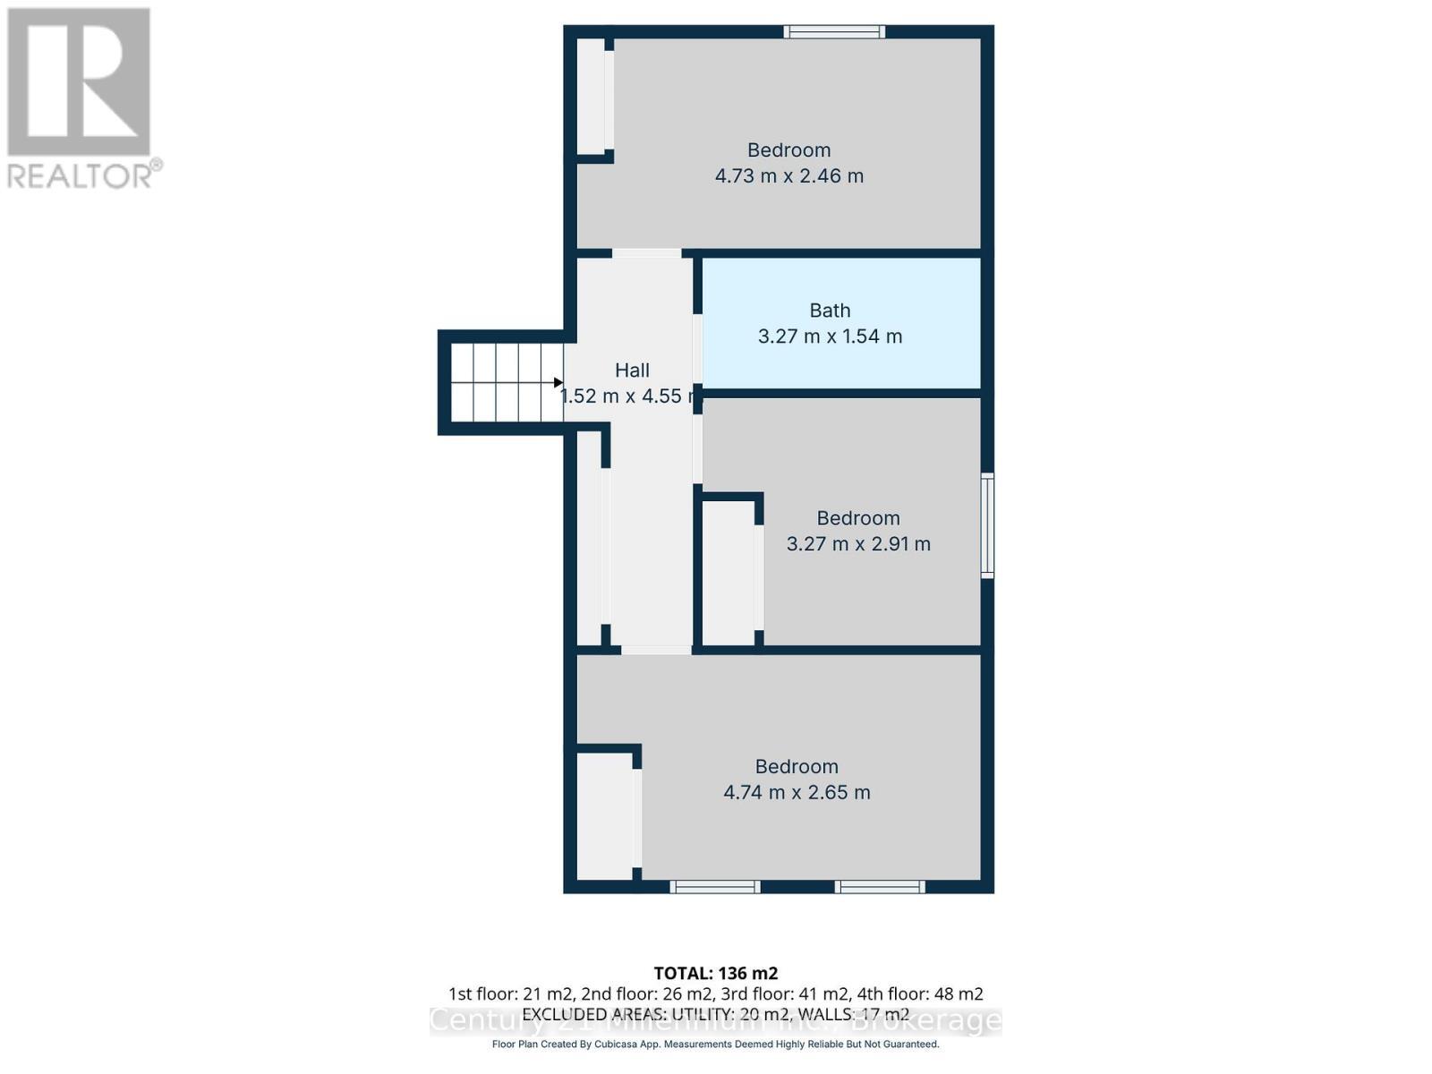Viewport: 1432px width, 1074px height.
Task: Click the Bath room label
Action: pyautogui.click(x=830, y=311)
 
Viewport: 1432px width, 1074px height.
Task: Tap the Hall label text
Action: pyautogui.click(x=632, y=370)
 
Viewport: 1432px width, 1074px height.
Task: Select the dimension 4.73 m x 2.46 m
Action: pyautogui.click(x=788, y=175)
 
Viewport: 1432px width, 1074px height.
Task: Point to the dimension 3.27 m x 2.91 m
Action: pyautogui.click(x=858, y=544)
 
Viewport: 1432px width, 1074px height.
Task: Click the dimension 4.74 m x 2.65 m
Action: pyautogui.click(x=797, y=792)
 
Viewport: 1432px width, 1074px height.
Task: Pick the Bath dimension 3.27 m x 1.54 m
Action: pyautogui.click(x=830, y=337)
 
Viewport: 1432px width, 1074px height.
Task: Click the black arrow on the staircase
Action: pyautogui.click(x=558, y=383)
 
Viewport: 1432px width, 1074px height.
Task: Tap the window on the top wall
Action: pyautogui.click(x=834, y=32)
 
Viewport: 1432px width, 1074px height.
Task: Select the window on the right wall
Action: pyautogui.click(x=987, y=525)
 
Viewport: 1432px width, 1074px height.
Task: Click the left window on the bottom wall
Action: pyautogui.click(x=714, y=887)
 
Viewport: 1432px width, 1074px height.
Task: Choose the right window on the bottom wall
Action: pyautogui.click(x=880, y=887)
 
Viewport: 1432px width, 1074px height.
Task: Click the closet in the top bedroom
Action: pyautogui.click(x=591, y=96)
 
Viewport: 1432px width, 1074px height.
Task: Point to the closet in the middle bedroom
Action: pyautogui.click(x=729, y=573)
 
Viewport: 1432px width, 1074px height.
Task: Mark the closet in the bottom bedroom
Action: pyautogui.click(x=604, y=815)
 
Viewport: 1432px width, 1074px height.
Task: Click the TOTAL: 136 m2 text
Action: pyautogui.click(x=716, y=973)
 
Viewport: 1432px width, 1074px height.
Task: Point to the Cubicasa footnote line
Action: pyautogui.click(x=716, y=1044)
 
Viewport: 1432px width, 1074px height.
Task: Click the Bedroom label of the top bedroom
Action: pyautogui.click(x=788, y=150)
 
